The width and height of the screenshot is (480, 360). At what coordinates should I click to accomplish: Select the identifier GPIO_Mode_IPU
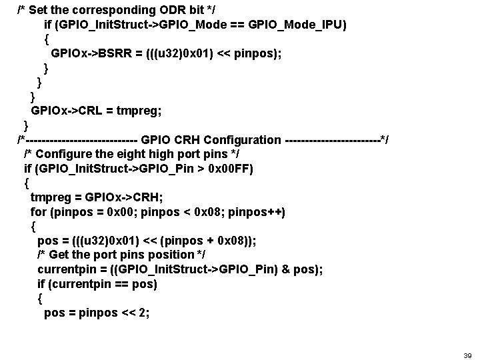point(301,25)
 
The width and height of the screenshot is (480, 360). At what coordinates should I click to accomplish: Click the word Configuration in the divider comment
point(243,139)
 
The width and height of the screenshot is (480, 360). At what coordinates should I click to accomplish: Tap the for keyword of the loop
point(38,212)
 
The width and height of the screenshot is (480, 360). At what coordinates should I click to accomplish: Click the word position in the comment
point(173,255)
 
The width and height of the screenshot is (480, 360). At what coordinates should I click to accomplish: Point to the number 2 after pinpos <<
point(145,313)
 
